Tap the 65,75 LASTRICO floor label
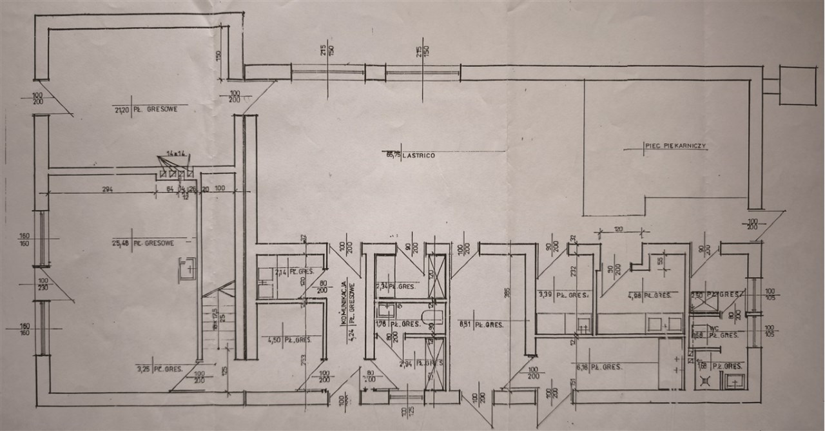pos(409,155)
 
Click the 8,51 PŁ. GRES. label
pos(477,323)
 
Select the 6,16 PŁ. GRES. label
pos(599,366)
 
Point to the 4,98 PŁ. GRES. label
pos(652,296)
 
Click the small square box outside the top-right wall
pos(797,84)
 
